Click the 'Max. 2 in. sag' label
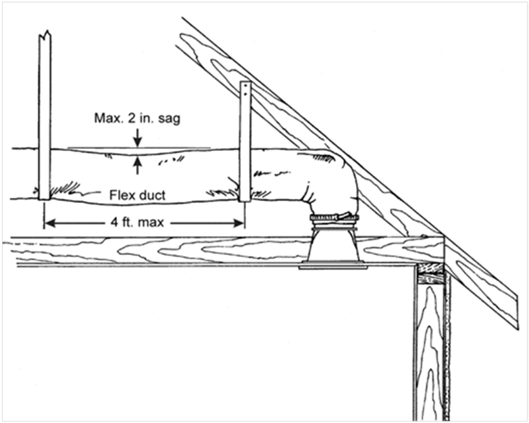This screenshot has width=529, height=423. click(x=137, y=118)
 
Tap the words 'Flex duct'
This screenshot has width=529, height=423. click(x=138, y=196)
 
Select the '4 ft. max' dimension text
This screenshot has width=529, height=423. click(x=138, y=222)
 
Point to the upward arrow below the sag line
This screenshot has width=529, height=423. click(x=137, y=165)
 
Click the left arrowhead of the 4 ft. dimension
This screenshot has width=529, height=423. click(x=50, y=223)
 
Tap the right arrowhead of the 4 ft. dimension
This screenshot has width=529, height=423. click(x=239, y=223)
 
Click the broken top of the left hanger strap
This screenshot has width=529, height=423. click(x=45, y=35)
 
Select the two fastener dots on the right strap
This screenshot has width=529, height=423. click(x=245, y=89)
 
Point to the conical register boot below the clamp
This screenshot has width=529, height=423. click(x=333, y=245)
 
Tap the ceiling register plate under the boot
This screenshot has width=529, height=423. click(x=333, y=267)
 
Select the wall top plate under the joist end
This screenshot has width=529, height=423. click(x=430, y=273)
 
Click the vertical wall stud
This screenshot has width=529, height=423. click(x=431, y=351)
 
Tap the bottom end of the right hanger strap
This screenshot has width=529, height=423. click(x=245, y=200)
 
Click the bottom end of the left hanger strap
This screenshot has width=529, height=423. click(x=45, y=198)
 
